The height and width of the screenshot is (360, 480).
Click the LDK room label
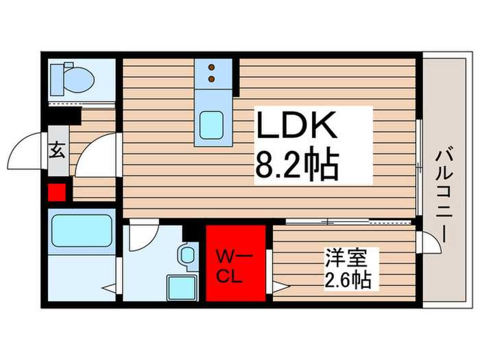pos(297,128)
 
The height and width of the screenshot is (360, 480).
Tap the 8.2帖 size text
pos(297,165)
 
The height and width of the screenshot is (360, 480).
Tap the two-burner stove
pos(213,72)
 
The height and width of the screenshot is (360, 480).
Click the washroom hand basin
pos(187,256)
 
